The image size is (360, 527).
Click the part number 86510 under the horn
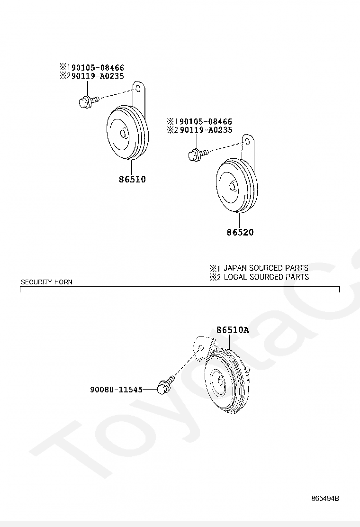click(x=132, y=180)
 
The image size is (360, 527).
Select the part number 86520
click(x=240, y=233)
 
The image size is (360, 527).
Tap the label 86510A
click(x=233, y=330)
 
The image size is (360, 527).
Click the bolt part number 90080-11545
click(x=116, y=390)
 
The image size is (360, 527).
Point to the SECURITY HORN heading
click(x=46, y=282)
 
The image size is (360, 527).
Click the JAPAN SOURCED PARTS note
click(x=265, y=268)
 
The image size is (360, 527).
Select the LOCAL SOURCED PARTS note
click(x=266, y=277)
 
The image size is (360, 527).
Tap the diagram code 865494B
click(x=325, y=498)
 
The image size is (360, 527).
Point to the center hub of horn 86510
click(x=124, y=134)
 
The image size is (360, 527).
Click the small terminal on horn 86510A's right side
click(x=247, y=368)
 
